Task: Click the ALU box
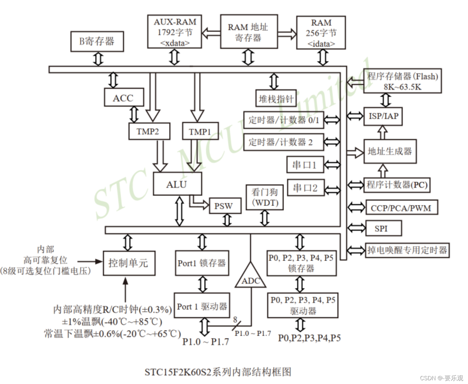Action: coord(177,184)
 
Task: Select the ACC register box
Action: coord(124,98)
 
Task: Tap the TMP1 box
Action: coord(200,131)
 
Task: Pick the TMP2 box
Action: coord(149,131)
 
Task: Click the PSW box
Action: coord(225,206)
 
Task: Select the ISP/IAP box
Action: coord(383,116)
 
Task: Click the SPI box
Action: coord(383,228)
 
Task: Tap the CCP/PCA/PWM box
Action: coord(401,208)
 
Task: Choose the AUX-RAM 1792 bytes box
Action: coord(174,32)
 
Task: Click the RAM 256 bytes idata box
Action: coord(321,33)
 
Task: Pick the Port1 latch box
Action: coord(202,263)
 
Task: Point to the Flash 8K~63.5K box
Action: coord(403,81)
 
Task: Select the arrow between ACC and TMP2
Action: coord(134,114)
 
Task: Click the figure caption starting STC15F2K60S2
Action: coord(218,372)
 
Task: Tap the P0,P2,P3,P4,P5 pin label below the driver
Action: coord(309,338)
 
